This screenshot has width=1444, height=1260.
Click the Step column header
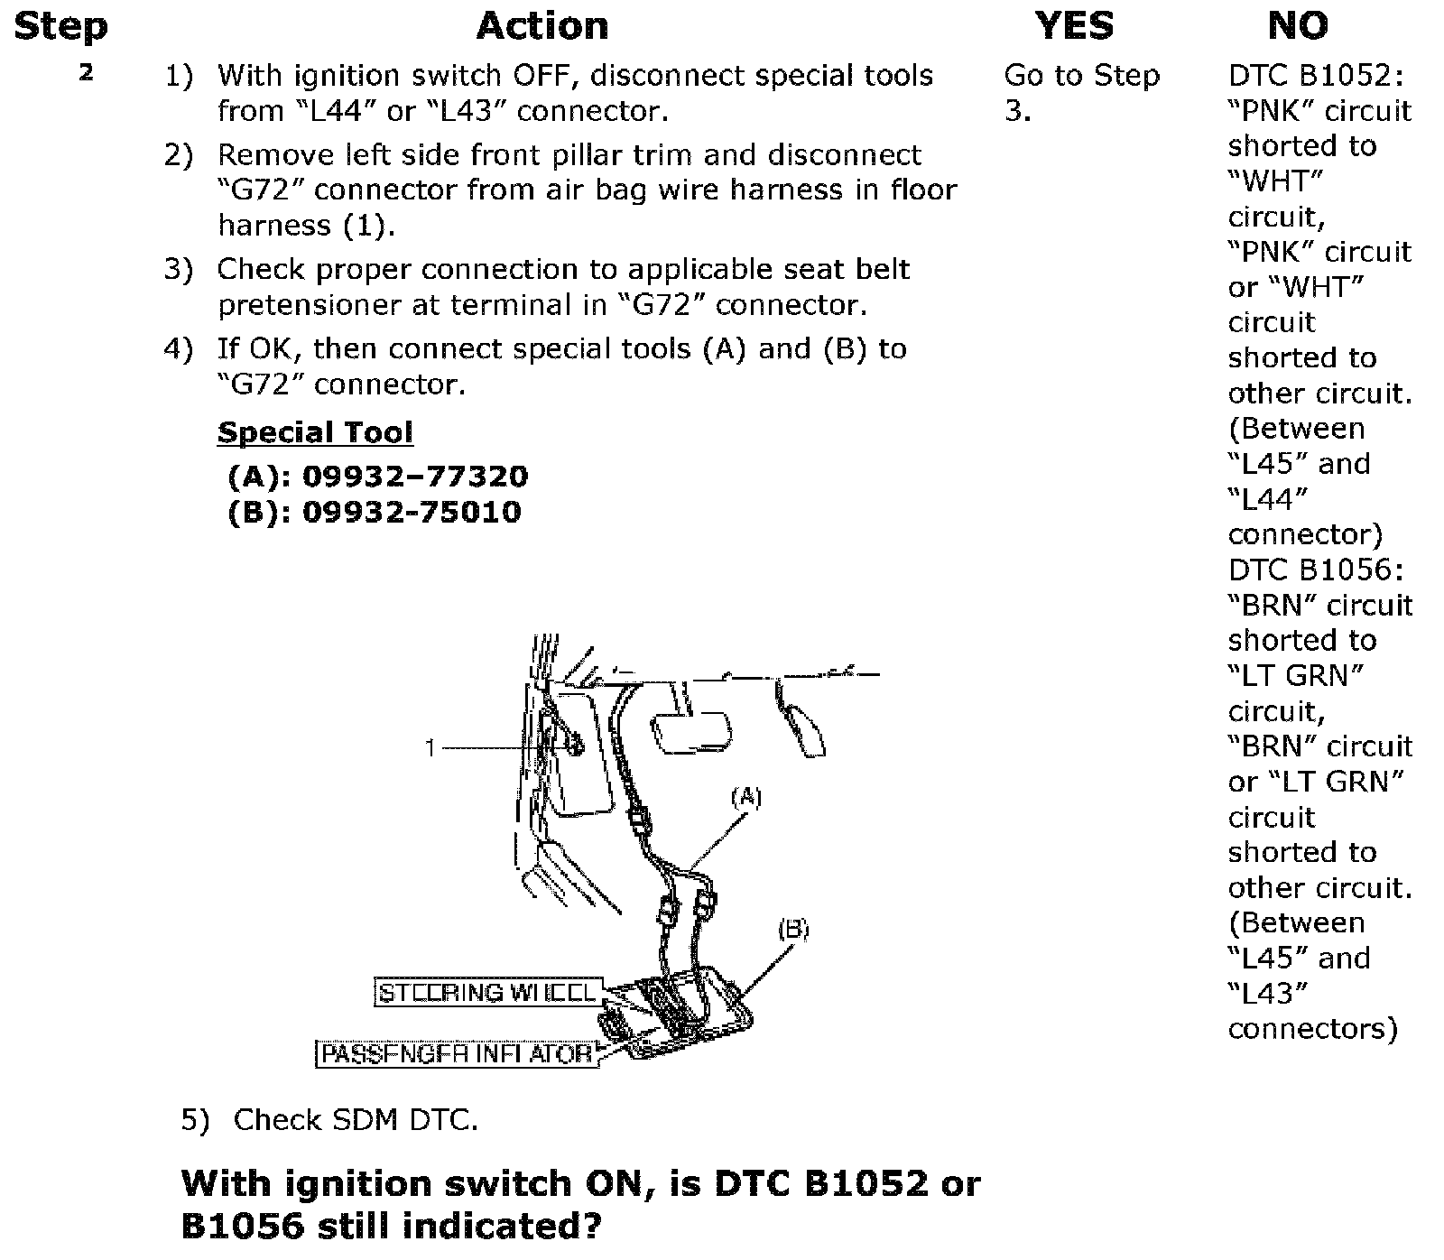pyautogui.click(x=60, y=26)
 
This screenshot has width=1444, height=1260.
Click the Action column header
pyautogui.click(x=541, y=26)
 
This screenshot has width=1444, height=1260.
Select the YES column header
pyautogui.click(x=1074, y=26)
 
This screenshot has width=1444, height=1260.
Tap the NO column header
pyautogui.click(x=1298, y=26)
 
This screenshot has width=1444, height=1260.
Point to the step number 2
pyautogui.click(x=86, y=73)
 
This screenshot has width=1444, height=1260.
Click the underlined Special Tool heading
pyautogui.click(x=315, y=432)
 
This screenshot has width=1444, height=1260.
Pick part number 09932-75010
pyautogui.click(x=412, y=512)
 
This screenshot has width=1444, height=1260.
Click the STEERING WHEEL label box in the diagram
pyautogui.click(x=487, y=993)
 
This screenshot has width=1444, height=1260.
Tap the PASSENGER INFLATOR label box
pyautogui.click(x=457, y=1053)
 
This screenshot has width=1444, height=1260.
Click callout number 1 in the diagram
pyautogui.click(x=431, y=748)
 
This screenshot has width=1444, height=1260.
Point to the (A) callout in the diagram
pyautogui.click(x=745, y=798)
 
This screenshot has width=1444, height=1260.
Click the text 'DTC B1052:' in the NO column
pyautogui.click(x=1316, y=75)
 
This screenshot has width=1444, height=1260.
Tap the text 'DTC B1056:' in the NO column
pyautogui.click(x=1316, y=570)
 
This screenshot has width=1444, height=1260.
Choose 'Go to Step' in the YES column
pyautogui.click(x=1081, y=75)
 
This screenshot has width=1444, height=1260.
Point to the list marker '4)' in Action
pyautogui.click(x=178, y=349)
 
